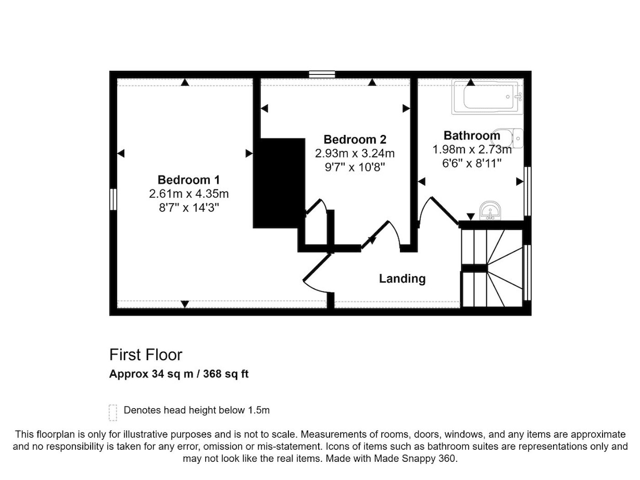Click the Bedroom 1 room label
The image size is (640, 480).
[188, 180]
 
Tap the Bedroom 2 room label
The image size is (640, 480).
[355, 139]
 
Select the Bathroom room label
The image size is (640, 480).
[472, 135]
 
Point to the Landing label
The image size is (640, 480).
[402, 278]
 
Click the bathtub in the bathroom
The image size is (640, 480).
[487, 97]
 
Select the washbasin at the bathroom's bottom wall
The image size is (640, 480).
[490, 210]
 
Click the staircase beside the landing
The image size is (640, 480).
[492, 268]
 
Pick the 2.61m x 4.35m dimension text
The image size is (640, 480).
[189, 193]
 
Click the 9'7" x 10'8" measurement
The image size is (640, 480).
[355, 167]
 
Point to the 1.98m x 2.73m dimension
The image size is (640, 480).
[472, 149]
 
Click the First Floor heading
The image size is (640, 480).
[145, 355]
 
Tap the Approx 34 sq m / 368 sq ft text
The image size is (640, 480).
[179, 374]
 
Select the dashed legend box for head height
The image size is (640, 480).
[113, 413]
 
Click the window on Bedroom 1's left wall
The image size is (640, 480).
[113, 199]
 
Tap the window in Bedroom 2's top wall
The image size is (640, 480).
[322, 75]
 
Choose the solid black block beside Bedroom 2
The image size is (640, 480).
[279, 183]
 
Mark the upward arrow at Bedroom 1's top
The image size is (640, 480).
[185, 82]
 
